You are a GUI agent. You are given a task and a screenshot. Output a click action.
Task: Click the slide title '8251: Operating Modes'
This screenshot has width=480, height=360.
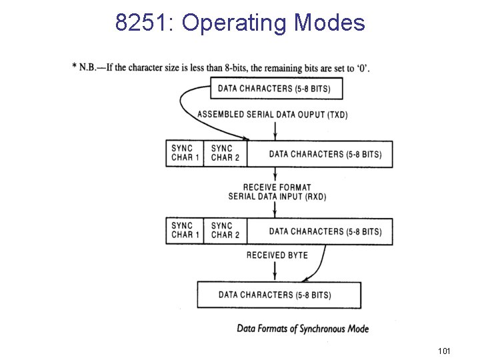tap(240, 23)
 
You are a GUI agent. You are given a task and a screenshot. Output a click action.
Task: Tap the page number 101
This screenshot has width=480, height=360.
tap(444, 351)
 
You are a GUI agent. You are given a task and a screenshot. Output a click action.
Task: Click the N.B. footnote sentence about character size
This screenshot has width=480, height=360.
tap(221, 67)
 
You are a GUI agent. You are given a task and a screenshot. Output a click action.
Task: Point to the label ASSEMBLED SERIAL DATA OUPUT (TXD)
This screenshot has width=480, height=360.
tap(272, 115)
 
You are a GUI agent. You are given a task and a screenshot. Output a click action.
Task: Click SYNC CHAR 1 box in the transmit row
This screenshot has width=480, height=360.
tap(183, 153)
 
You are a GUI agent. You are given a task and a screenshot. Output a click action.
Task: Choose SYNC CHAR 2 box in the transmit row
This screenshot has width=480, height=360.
tap(223, 153)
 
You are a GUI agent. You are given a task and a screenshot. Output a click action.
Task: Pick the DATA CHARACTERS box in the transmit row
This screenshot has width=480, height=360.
tap(325, 154)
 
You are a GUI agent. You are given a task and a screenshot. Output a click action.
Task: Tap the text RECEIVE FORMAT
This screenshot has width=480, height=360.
tap(277, 187)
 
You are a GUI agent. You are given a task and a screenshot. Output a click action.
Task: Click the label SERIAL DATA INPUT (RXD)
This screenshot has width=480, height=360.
tap(277, 197)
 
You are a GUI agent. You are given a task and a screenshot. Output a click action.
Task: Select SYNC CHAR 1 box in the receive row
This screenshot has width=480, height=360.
tap(183, 231)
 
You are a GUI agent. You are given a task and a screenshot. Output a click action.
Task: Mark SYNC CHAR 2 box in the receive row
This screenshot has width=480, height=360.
tap(223, 231)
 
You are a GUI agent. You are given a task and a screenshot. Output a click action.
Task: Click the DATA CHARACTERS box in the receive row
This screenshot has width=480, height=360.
tap(325, 231)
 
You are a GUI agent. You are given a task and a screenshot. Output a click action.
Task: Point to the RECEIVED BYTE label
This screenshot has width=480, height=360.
tap(277, 255)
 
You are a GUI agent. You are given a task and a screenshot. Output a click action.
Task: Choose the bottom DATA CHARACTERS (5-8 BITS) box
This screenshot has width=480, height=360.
tap(279, 295)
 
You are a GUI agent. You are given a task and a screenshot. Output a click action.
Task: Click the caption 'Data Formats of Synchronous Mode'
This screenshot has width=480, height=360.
tap(303, 329)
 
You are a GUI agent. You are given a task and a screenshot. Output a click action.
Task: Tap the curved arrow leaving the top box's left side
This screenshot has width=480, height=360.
tap(184, 107)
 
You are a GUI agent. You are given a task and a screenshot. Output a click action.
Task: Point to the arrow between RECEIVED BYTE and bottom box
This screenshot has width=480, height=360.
tap(275, 271)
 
